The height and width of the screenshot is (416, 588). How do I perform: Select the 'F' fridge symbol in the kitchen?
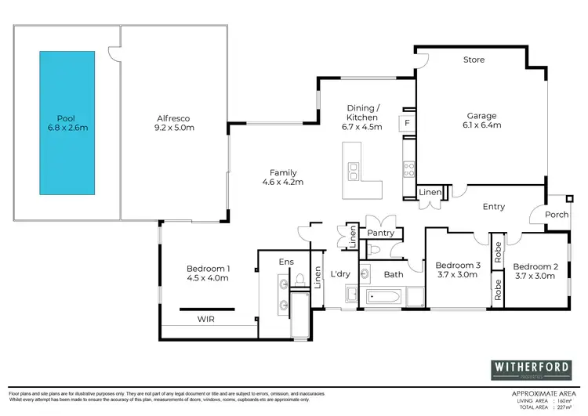pos(408,123)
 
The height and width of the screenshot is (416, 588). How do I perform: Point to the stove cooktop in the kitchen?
pos(408,166)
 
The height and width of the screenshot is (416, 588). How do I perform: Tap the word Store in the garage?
pos(474,60)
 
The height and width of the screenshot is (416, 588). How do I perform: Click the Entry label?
pos(494,207)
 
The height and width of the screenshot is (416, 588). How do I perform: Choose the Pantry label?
pos(381,233)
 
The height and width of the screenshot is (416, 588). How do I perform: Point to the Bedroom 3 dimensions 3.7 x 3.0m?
pos(456,275)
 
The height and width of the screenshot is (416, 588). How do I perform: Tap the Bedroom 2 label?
pos(536,266)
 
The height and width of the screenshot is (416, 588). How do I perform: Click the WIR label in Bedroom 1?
pos(206,320)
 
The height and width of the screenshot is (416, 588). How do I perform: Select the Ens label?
pos(285,262)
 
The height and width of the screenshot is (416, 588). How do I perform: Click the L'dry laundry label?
pos(340,273)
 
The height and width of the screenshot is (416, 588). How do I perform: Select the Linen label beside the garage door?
pos(430,192)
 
